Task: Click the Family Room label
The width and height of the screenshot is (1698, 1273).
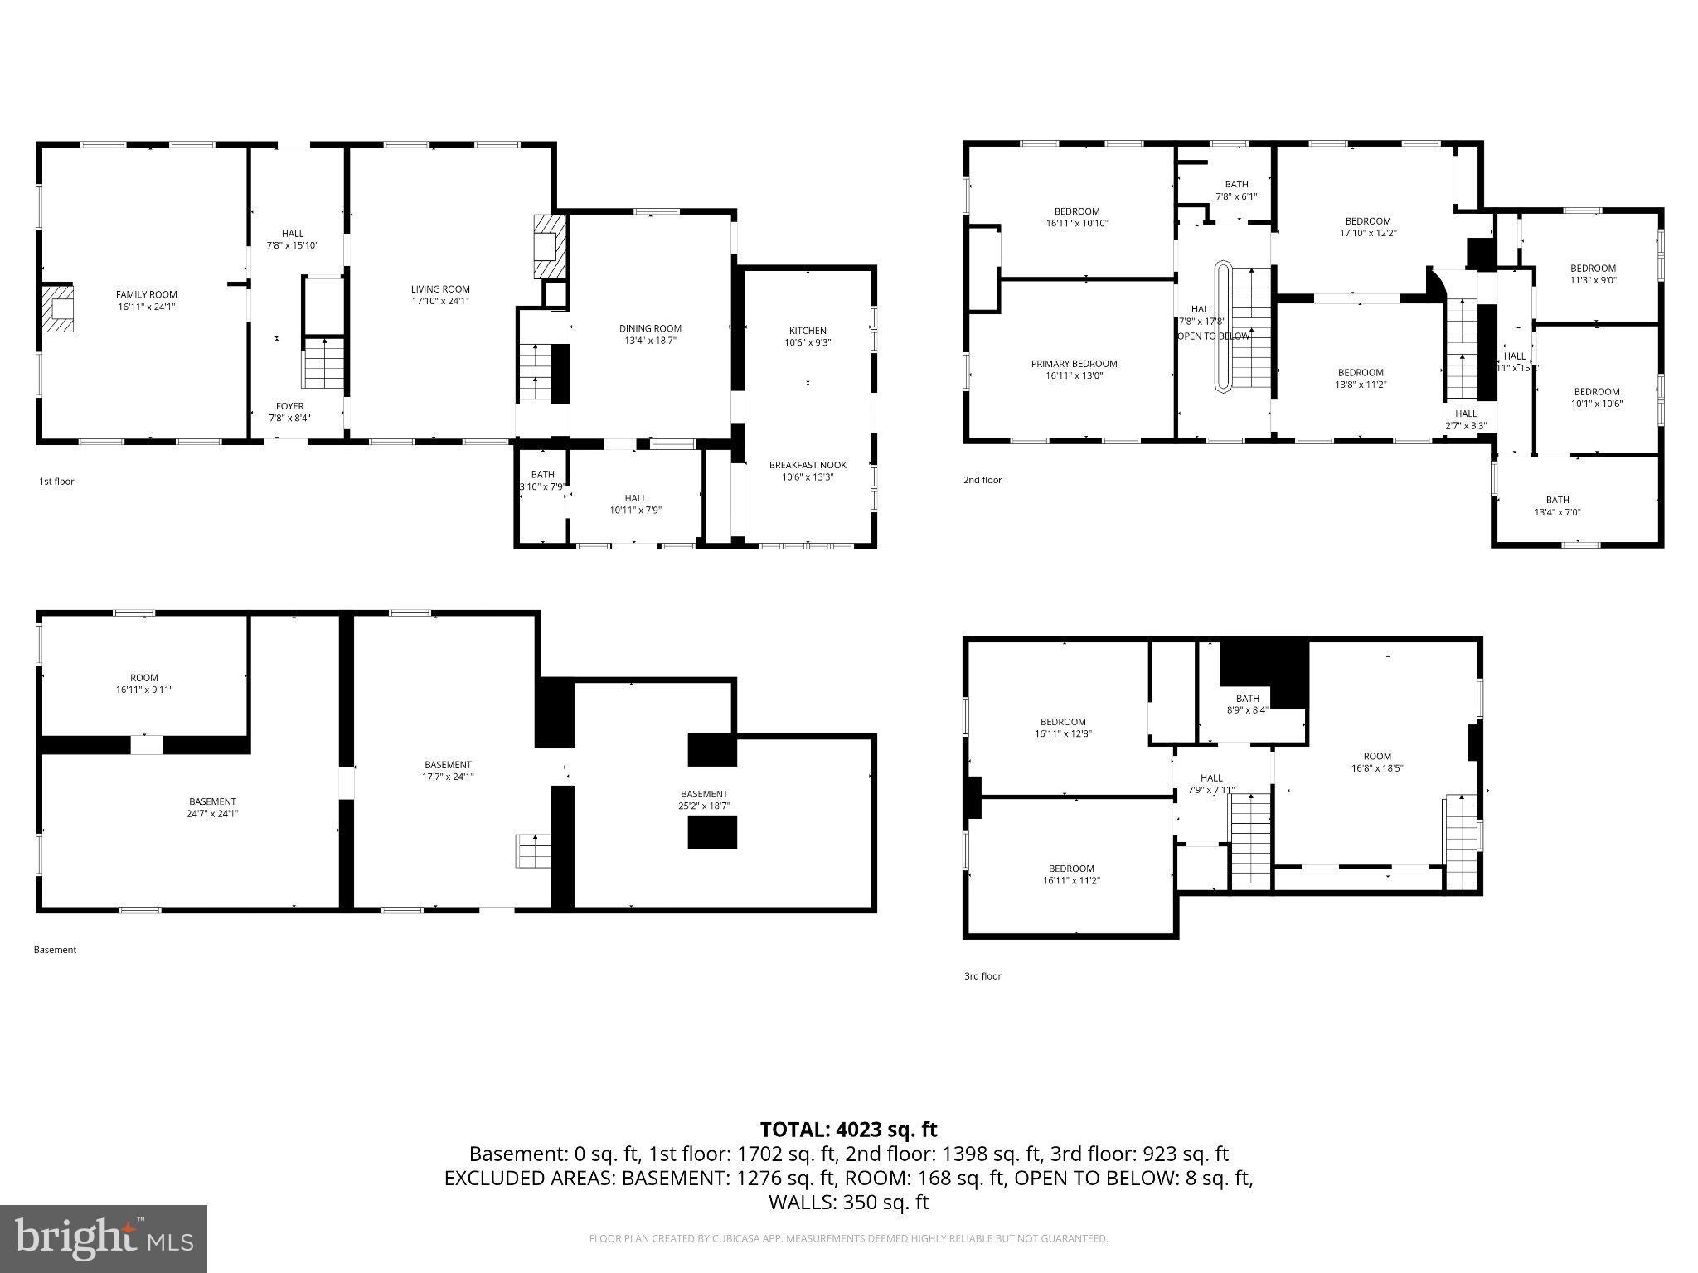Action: pyautogui.click(x=146, y=294)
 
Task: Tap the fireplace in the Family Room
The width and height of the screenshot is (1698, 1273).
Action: pyautogui.click(x=58, y=308)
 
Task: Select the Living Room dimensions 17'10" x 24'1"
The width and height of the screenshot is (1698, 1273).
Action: pyautogui.click(x=440, y=302)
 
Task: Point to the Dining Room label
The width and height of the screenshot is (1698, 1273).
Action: pyautogui.click(x=650, y=328)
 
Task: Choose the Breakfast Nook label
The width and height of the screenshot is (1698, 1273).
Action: pyautogui.click(x=808, y=465)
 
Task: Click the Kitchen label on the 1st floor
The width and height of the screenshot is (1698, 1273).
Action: pyautogui.click(x=808, y=331)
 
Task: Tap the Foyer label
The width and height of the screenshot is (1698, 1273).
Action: pyautogui.click(x=289, y=406)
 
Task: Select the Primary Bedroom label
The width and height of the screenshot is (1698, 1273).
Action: pyautogui.click(x=1074, y=364)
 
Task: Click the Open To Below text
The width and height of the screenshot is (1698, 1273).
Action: pyautogui.click(x=1213, y=336)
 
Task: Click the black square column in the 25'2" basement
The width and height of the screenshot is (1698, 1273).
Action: pyautogui.click(x=712, y=832)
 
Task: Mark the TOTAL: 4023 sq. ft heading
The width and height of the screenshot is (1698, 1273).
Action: pyautogui.click(x=848, y=1130)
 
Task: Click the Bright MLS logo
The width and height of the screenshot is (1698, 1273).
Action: pyautogui.click(x=104, y=1238)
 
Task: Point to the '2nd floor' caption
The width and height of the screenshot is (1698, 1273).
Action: pyautogui.click(x=982, y=480)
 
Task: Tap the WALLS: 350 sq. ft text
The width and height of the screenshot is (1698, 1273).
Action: pyautogui.click(x=848, y=1203)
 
